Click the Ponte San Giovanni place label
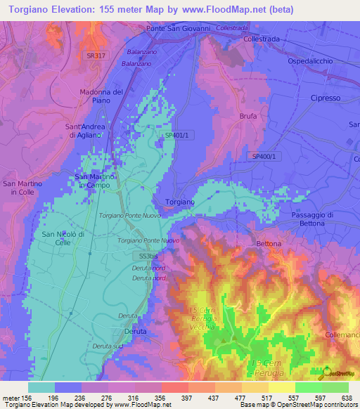click(179, 28)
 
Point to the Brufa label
click(248, 116)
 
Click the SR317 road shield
click(92, 55)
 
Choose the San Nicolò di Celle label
click(63, 238)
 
